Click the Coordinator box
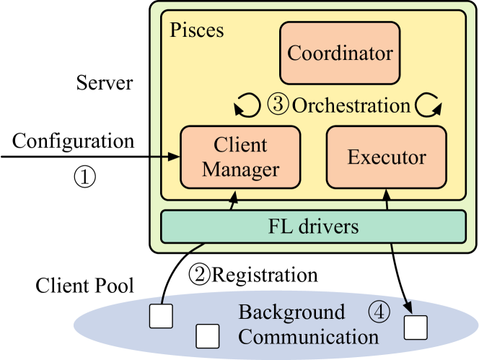pos(340,53)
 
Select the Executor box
pos(386,157)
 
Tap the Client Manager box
pos(240,157)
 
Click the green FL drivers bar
pos(313,227)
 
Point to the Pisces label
pos(196,30)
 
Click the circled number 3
pos(278,105)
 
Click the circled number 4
pos(379,312)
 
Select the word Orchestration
pos(351,105)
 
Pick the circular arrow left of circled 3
pos(247,106)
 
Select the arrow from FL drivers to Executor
pos(387,201)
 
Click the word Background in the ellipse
pos(291,312)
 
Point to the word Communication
pos(308,337)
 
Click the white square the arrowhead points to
pos(416,328)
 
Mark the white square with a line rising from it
pos(160,316)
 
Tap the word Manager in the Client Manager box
pos(240,170)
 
